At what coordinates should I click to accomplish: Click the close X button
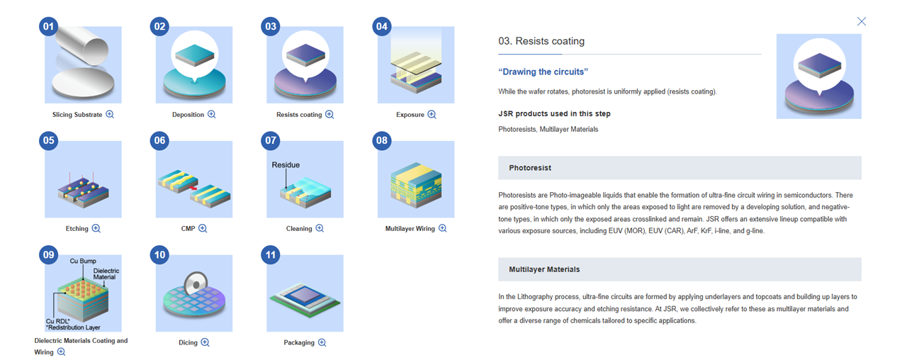coord(862,21)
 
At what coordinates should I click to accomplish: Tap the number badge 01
coord(48,27)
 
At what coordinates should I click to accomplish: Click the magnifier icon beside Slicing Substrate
coord(110,114)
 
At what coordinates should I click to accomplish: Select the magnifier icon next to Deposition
coord(211,114)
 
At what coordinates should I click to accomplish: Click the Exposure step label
coord(410,115)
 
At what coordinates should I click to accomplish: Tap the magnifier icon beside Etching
coord(96,228)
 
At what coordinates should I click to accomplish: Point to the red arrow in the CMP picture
coord(193,188)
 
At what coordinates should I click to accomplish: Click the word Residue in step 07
coord(286,164)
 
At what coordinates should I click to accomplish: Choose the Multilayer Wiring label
coord(410,229)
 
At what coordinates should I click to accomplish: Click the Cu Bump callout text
coord(83,261)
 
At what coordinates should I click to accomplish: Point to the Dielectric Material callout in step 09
coord(106,274)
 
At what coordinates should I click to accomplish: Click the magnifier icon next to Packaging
coord(322,342)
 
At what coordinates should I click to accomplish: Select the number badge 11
coord(271,255)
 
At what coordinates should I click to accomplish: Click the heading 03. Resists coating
coord(541,41)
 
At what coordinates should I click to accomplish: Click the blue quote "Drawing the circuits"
coord(543,72)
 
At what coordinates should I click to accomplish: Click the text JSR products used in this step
coord(554,113)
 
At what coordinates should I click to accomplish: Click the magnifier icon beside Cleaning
coord(320,228)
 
